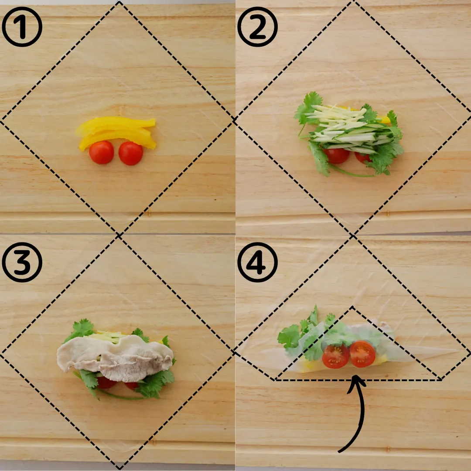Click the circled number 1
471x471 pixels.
(22, 27)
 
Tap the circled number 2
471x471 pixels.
(257, 27)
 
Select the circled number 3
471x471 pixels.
(22, 262)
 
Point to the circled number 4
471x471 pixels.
(257, 262)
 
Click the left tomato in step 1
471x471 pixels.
(101, 152)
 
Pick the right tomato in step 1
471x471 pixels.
(131, 153)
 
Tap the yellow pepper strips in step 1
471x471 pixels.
(116, 132)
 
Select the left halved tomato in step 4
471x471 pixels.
(335, 356)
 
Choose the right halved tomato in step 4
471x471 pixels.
(362, 354)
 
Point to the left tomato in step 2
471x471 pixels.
(336, 156)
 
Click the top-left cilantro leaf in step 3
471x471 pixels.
(81, 330)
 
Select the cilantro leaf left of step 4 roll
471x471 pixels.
(289, 336)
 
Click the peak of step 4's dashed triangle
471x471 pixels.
(352, 307)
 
